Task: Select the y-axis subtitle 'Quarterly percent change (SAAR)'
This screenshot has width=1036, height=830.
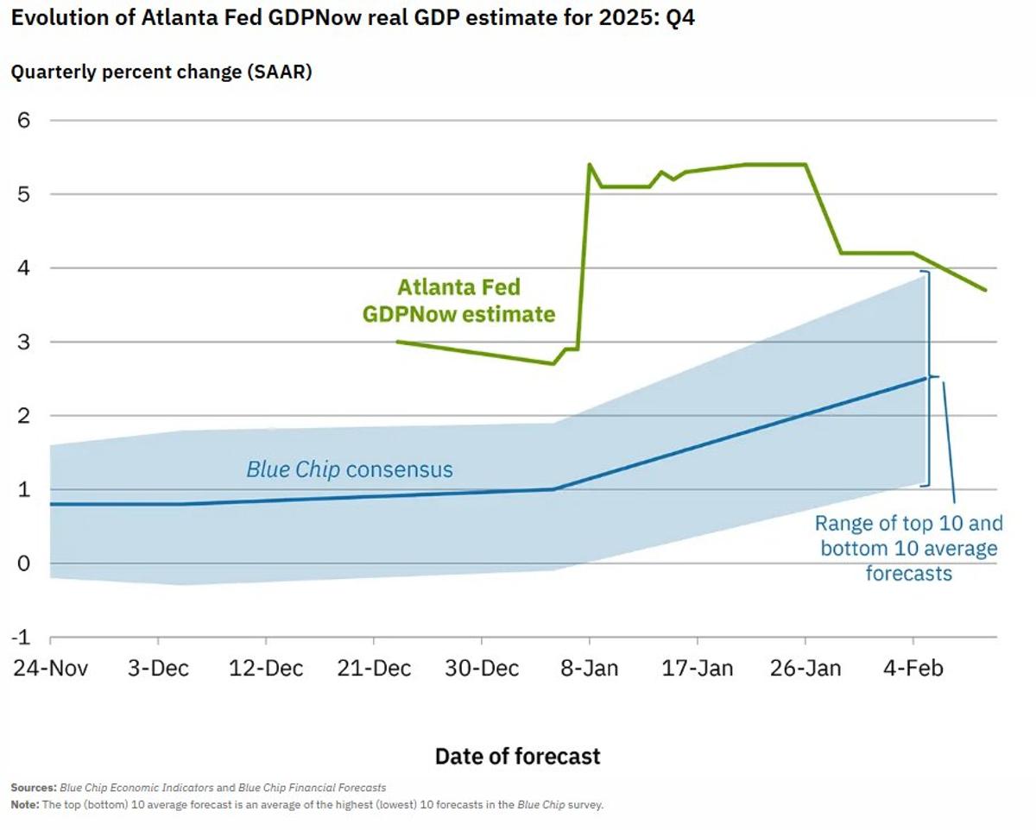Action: pyautogui.click(x=161, y=72)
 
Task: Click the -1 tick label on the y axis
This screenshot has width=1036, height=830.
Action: pyautogui.click(x=20, y=637)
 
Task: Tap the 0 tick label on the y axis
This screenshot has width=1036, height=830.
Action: pyautogui.click(x=23, y=563)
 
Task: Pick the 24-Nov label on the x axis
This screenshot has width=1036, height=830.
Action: pyautogui.click(x=50, y=669)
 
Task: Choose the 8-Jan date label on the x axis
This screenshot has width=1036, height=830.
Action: pyautogui.click(x=589, y=669)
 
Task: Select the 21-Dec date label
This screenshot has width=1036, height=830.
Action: pyautogui.click(x=373, y=669)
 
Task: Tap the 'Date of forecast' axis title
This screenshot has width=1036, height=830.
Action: pyautogui.click(x=517, y=757)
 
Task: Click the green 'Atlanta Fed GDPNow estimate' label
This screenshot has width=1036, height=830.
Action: pyautogui.click(x=458, y=300)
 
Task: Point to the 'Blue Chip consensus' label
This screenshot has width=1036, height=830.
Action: pyautogui.click(x=349, y=469)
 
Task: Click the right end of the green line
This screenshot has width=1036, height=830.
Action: pyautogui.click(x=985, y=290)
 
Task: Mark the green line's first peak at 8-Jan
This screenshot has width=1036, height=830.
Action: pyautogui.click(x=589, y=164)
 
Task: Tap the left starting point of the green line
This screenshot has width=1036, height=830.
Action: pyautogui.click(x=396, y=342)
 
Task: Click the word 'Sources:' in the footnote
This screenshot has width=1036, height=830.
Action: pyautogui.click(x=34, y=788)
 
